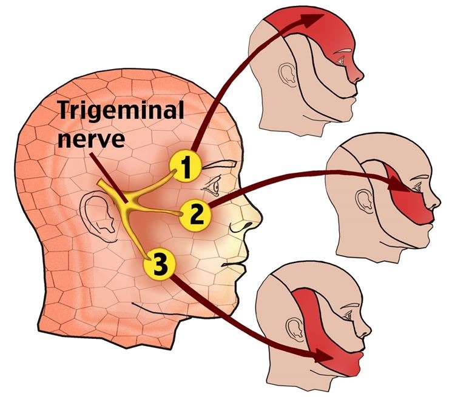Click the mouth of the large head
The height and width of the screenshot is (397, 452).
coord(234,262)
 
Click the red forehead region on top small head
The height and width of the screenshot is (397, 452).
coord(328,30)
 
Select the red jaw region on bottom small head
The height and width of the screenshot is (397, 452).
coord(340,361)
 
